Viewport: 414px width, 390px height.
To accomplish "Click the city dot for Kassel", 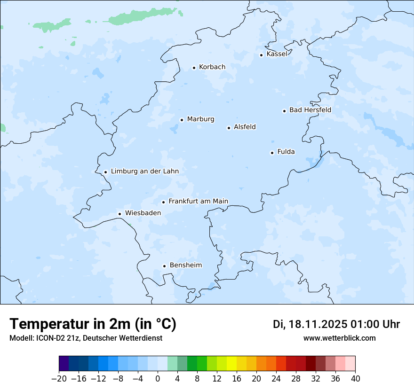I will tap(261, 55).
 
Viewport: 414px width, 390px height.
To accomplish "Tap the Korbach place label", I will tap(212, 67).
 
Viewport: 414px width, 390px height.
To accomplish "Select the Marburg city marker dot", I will tap(182, 120).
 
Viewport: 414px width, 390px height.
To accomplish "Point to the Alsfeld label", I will tap(245, 127).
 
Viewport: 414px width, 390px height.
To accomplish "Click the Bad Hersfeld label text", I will tap(310, 110).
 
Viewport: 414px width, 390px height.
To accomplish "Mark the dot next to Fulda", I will tap(272, 153).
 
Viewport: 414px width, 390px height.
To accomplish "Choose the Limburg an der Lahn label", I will tap(145, 172).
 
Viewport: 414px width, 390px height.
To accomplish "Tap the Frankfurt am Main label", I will tap(198, 201).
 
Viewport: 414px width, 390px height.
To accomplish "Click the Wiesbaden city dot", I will tap(119, 214).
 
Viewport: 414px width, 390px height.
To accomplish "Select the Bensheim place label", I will tap(185, 265).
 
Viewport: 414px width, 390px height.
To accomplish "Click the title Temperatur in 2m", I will tap(93, 324).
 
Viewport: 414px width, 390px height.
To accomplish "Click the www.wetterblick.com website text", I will tap(339, 338).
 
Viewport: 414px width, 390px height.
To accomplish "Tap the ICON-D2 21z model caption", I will tap(85, 338).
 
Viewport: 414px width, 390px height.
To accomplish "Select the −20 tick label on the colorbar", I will tap(59, 379).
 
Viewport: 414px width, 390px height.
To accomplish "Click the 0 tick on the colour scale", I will tap(158, 379).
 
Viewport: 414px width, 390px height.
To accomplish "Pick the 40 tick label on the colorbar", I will tap(355, 379).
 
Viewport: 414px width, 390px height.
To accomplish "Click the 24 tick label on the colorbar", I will tap(276, 379).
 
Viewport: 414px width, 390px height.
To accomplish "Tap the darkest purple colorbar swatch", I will tap(64, 364).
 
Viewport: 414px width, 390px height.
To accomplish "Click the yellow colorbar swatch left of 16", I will tap(232, 364).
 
